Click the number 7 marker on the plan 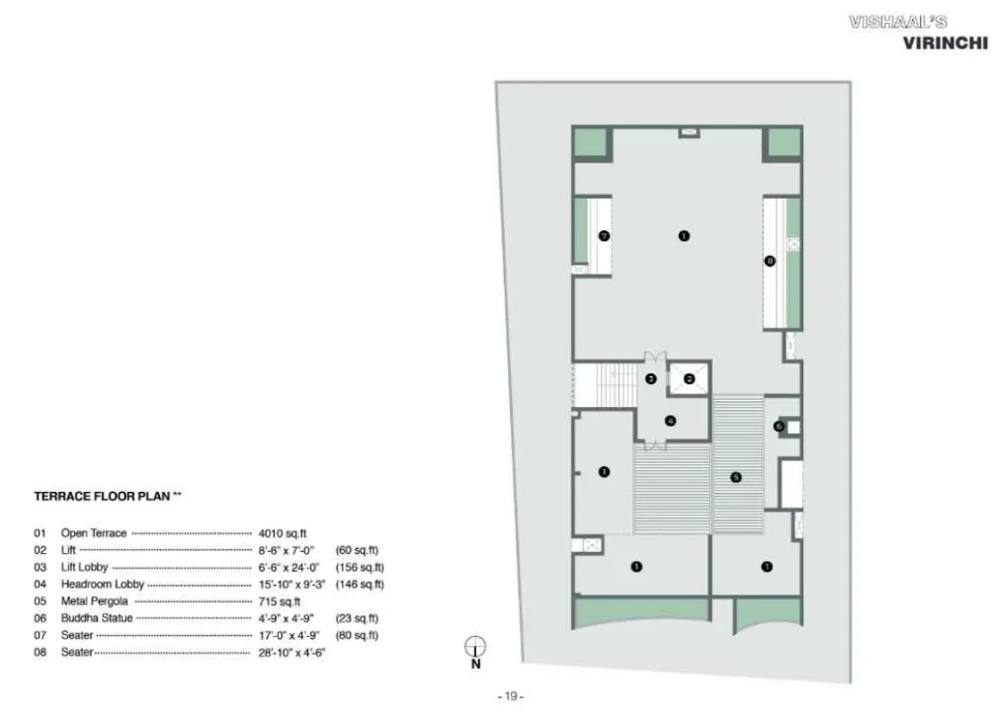[604, 236]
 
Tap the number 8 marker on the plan [770, 261]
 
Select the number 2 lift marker [689, 379]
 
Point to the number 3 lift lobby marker [650, 379]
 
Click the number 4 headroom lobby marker [670, 421]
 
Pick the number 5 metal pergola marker [735, 477]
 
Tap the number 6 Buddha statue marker [779, 427]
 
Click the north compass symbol [475, 647]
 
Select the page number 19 [511, 696]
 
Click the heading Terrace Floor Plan [102, 497]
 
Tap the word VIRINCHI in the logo [945, 43]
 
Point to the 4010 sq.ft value [283, 534]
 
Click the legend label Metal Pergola [95, 601]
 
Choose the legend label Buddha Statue [97, 618]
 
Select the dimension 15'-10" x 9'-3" [291, 585]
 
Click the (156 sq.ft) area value [360, 568]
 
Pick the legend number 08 [40, 653]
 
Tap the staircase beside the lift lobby [605, 385]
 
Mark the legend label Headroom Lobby [103, 585]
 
